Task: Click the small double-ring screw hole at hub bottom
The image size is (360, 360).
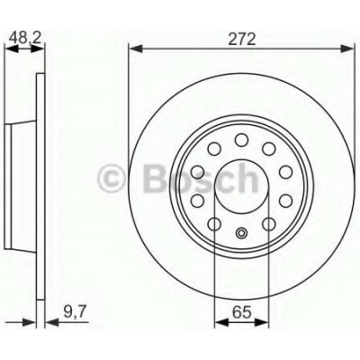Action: [x=241, y=236]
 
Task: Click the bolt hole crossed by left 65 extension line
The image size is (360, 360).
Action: [x=213, y=224]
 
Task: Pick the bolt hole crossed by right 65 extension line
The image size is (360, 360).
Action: [x=270, y=224]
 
